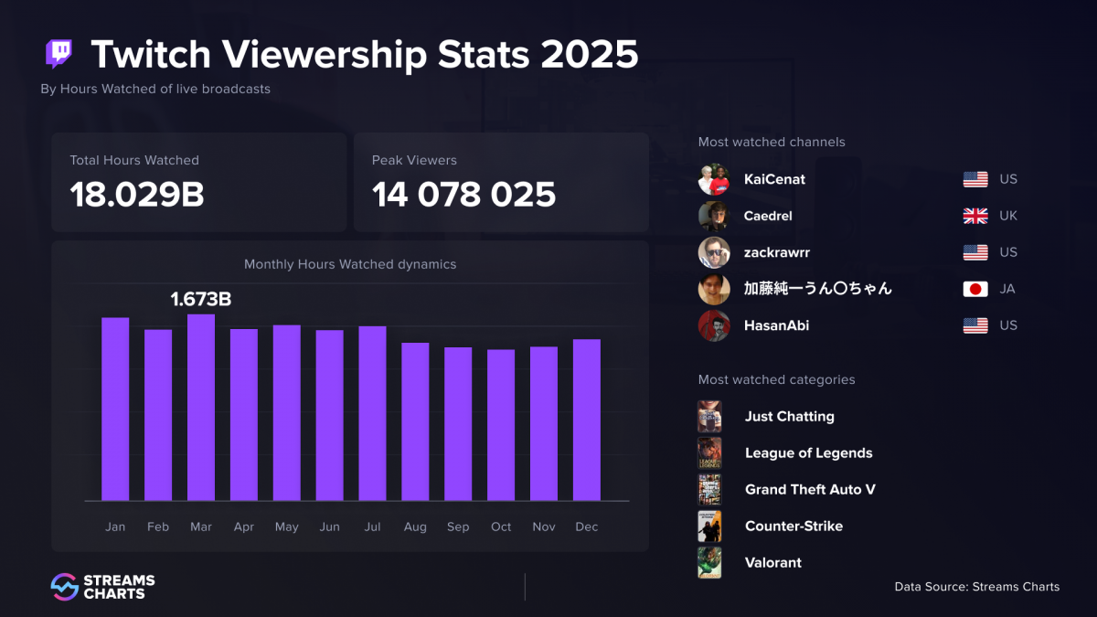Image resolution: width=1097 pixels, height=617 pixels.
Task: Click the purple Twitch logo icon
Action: tap(59, 54)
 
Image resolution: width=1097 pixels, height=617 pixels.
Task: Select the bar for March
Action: tap(201, 408)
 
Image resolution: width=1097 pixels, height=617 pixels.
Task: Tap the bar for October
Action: tap(501, 425)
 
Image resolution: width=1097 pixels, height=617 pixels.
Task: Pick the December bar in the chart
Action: tap(587, 420)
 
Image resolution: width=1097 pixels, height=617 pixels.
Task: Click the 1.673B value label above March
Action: tap(201, 299)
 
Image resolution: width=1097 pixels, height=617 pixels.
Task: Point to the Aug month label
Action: tap(415, 527)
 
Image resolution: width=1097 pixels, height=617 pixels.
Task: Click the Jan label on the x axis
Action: tap(115, 527)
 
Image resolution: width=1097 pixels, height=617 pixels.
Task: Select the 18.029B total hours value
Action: tap(137, 195)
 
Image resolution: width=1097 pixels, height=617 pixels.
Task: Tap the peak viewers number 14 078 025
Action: tap(463, 195)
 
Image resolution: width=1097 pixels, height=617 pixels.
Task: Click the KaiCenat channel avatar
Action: tap(714, 179)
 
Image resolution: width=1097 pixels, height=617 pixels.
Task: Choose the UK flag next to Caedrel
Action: tap(975, 216)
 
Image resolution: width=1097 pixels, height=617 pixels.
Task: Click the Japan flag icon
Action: tap(975, 289)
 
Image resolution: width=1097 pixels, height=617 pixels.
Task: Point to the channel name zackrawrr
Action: tap(776, 252)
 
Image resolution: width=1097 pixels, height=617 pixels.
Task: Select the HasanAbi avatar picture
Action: tap(714, 325)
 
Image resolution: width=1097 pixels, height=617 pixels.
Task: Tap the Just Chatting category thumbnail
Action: tap(709, 417)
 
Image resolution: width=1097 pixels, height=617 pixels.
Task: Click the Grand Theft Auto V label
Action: tap(810, 490)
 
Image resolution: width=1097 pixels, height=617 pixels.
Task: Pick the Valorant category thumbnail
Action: tap(709, 563)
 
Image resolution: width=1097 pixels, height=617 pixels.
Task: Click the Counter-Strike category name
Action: tap(793, 527)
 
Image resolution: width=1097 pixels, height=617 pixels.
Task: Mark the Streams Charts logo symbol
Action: tap(64, 587)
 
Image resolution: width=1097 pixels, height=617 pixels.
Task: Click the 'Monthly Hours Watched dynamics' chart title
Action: tap(350, 264)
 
